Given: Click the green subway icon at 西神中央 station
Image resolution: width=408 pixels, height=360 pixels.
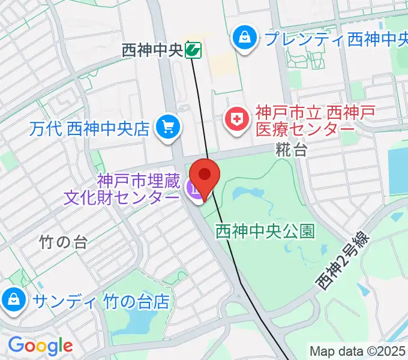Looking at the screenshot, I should pos(193,50).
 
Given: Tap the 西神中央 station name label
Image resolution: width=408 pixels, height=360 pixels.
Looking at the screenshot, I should pos(152,50).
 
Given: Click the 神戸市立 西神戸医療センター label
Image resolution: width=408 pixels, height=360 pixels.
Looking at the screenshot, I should pos(307,121).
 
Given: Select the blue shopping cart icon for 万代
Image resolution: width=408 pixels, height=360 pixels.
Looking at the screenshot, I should pos(167,127).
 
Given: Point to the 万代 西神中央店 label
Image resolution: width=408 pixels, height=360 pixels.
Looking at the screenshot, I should pos(89,128).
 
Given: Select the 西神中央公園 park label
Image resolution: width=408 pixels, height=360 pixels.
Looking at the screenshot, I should pos(265,230).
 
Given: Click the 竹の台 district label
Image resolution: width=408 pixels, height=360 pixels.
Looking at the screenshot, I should pos(64,242).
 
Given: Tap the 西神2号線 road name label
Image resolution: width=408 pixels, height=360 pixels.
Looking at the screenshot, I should pos(343,262).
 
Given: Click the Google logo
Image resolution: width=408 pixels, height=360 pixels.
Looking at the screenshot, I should pos(40,346).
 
